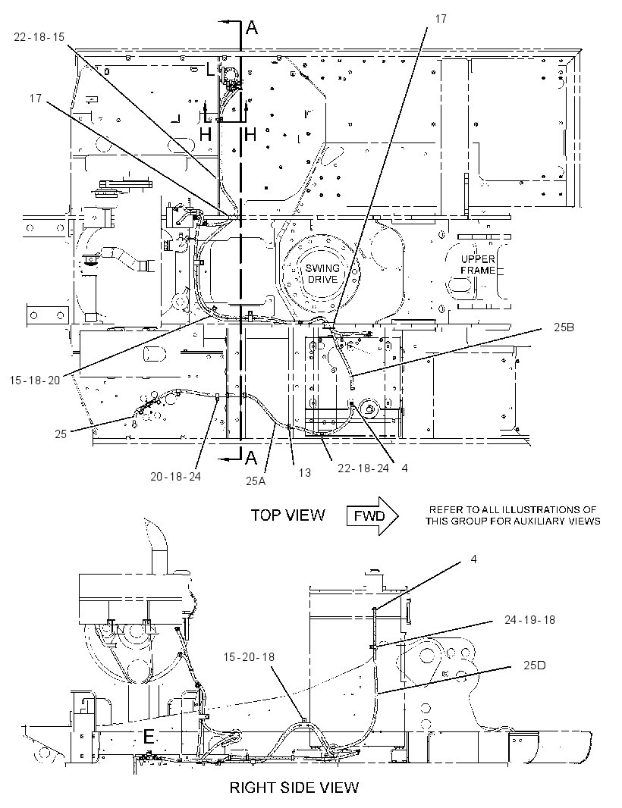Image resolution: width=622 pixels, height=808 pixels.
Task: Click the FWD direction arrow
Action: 372,516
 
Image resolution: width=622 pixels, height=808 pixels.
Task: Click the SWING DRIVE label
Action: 322,274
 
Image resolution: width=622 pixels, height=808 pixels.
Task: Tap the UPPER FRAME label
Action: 478,265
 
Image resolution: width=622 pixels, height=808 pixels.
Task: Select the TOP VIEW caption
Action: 287,515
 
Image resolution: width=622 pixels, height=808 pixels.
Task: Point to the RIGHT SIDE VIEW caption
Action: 294,788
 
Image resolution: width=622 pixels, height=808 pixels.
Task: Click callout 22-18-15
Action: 39,38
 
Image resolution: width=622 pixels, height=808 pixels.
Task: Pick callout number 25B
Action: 564,327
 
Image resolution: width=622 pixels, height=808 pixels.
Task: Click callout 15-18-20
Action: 35,381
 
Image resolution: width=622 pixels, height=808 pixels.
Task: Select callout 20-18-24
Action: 175,477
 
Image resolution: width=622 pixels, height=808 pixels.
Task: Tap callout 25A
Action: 256,481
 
